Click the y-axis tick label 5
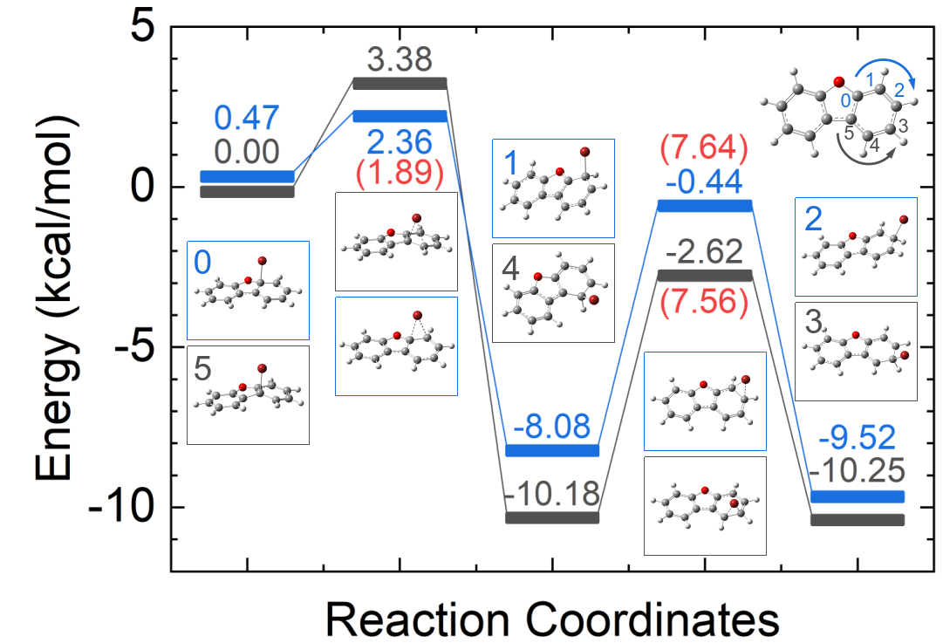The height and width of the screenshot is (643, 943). tap(147, 29)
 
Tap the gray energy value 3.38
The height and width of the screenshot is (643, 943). tap(400, 59)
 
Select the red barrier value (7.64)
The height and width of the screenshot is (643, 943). tap(704, 149)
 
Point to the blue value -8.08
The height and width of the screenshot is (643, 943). tap(552, 428)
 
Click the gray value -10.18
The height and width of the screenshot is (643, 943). tap(552, 495)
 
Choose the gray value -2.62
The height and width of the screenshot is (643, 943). tap(704, 253)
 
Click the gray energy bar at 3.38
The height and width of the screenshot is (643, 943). tap(400, 84)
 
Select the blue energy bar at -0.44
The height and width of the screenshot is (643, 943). tap(704, 206)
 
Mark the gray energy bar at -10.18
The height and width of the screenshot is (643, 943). tap(552, 517)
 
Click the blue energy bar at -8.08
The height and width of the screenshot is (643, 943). tap(552, 450)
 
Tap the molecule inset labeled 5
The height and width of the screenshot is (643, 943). tap(248, 395)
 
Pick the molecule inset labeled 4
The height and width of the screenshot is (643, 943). tap(553, 292)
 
